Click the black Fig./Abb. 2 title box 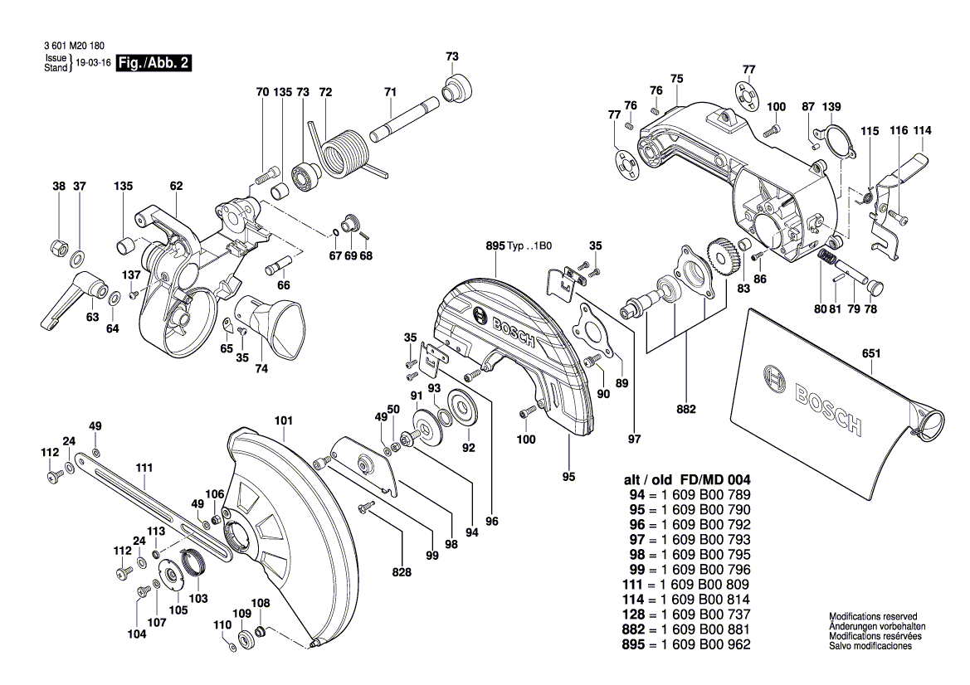point(154,63)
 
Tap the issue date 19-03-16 point(93,63)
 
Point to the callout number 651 point(870,353)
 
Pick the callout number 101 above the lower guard point(284,420)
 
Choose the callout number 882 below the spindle point(686,409)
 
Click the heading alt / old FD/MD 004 point(686,480)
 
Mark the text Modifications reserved point(873,617)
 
